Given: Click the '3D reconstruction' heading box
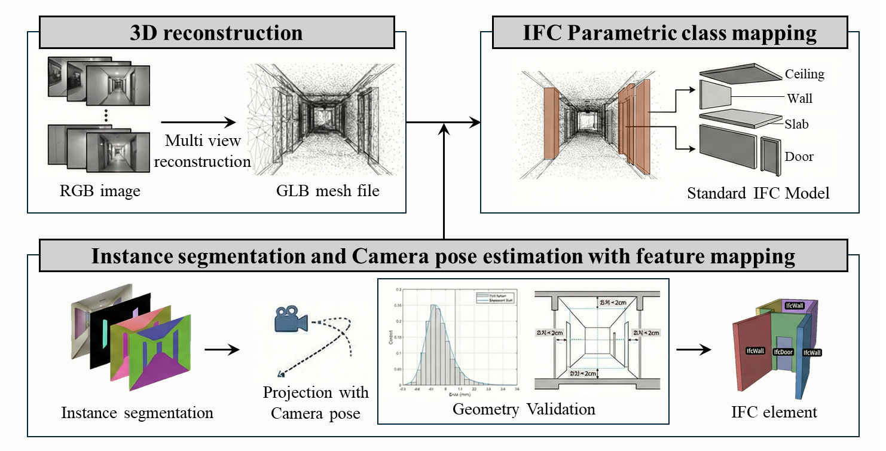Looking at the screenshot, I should pyautogui.click(x=216, y=32).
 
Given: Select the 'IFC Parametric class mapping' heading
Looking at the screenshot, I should pyautogui.click(x=670, y=32).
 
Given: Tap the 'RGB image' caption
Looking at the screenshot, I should pyautogui.click(x=100, y=191).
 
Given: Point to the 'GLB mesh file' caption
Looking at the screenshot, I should pyautogui.click(x=328, y=191).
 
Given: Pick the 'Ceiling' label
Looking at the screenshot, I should pyautogui.click(x=804, y=74).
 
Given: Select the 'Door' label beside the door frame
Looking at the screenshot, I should pyautogui.click(x=799, y=157).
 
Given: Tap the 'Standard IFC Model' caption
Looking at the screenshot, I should pyautogui.click(x=758, y=193).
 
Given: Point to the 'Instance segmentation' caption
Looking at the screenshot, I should pyautogui.click(x=137, y=413).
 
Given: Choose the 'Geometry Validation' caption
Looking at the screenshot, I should pyautogui.click(x=524, y=409).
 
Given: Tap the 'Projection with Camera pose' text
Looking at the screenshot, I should pyautogui.click(x=316, y=403).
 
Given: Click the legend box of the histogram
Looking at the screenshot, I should pyautogui.click(x=496, y=297).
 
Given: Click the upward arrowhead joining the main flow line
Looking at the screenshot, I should pyautogui.click(x=444, y=128).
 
